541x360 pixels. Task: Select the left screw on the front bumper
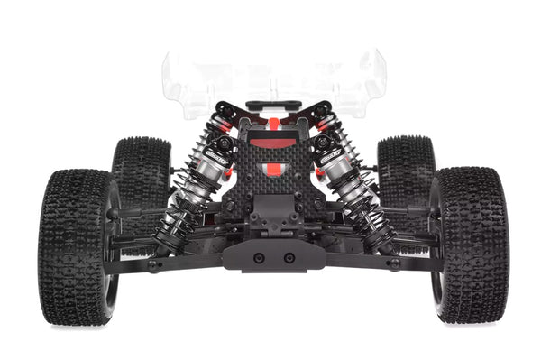tap(259, 257)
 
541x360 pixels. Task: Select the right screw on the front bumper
tap(289, 257)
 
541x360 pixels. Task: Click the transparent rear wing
tap(275, 81)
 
